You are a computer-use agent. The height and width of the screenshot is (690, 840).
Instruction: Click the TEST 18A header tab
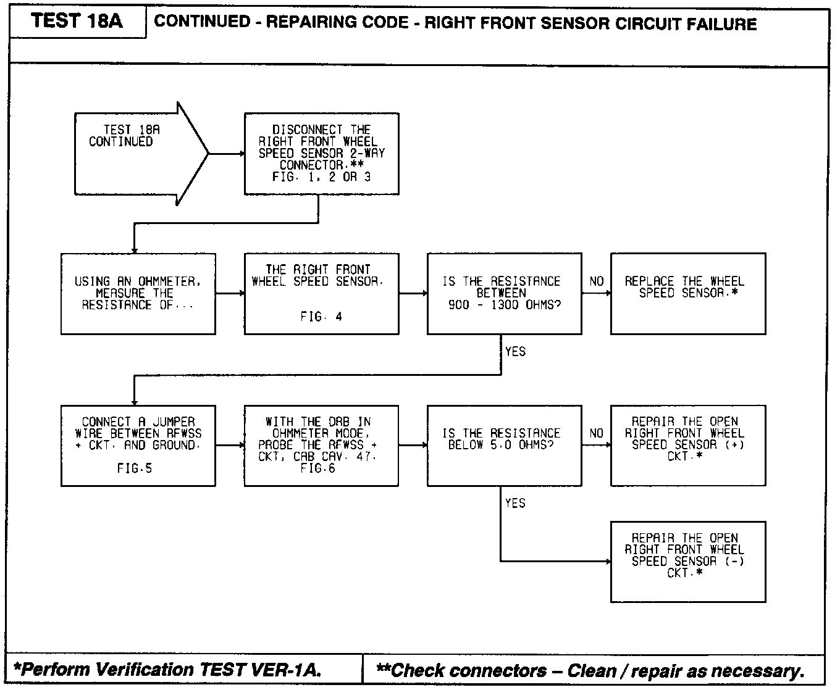pyautogui.click(x=77, y=22)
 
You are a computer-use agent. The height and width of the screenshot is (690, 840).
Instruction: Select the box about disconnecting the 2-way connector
pyautogui.click(x=321, y=154)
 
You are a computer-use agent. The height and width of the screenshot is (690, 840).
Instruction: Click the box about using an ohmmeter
pyautogui.click(x=138, y=293)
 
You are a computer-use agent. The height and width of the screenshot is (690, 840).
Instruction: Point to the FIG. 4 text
pyautogui.click(x=321, y=317)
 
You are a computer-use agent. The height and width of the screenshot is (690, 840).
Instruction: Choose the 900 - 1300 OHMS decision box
pyautogui.click(x=504, y=293)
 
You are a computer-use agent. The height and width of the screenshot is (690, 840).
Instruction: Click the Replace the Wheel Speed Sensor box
pyautogui.click(x=687, y=293)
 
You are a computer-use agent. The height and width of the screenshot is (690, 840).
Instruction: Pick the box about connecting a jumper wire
pyautogui.click(x=138, y=446)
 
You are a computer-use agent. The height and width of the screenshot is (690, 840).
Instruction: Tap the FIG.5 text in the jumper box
pyautogui.click(x=135, y=468)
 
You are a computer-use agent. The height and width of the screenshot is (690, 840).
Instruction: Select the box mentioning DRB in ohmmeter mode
pyautogui.click(x=321, y=446)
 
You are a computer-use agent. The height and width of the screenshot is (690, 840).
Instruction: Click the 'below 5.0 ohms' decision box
pyautogui.click(x=504, y=446)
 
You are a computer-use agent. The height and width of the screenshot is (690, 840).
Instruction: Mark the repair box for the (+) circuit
pyautogui.click(x=687, y=446)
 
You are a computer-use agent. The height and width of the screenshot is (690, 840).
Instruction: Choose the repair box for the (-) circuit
pyautogui.click(x=687, y=562)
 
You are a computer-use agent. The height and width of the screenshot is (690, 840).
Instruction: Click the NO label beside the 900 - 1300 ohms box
pyautogui.click(x=596, y=281)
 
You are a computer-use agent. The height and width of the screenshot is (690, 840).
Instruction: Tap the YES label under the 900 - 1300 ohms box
pyautogui.click(x=515, y=352)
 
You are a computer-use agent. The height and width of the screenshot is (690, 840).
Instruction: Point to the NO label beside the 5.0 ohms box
pyautogui.click(x=596, y=433)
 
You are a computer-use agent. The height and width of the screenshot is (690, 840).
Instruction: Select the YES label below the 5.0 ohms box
pyautogui.click(x=515, y=504)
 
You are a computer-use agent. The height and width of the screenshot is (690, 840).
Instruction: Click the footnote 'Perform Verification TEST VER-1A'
pyautogui.click(x=168, y=670)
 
